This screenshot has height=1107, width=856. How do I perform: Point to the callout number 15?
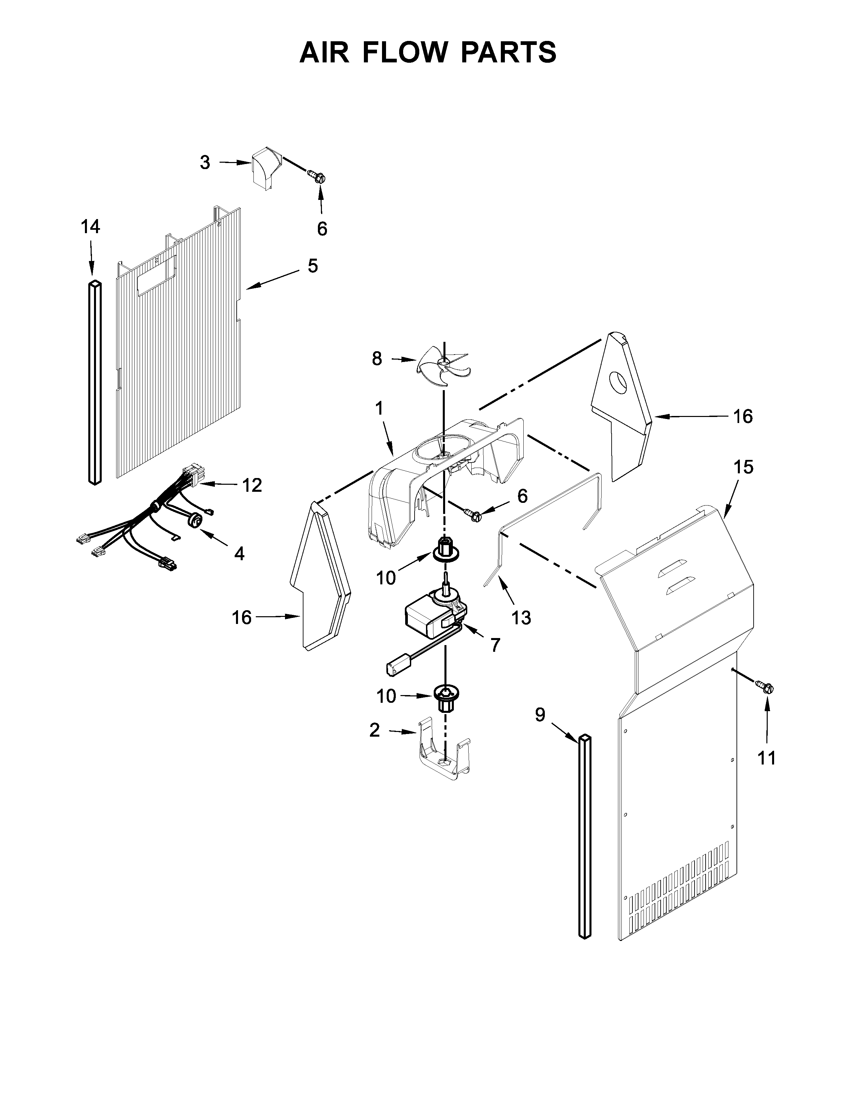pos(744,467)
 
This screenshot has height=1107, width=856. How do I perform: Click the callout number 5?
pos(313,266)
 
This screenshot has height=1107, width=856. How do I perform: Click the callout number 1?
pos(379,408)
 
